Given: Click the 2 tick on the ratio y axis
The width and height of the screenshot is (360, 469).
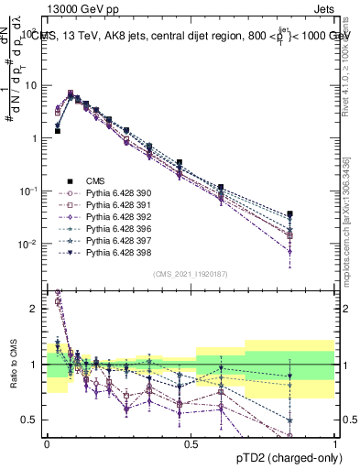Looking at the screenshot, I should tap(37, 309).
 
